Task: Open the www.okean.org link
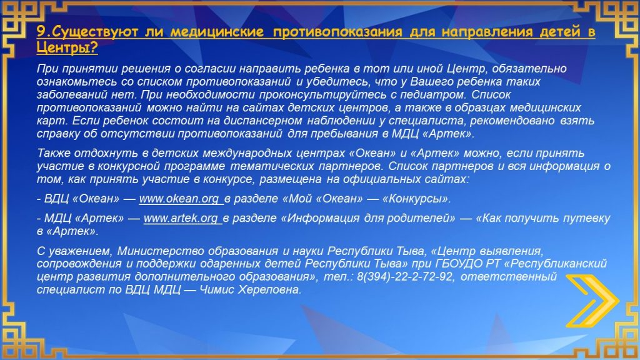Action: pyautogui.click(x=179, y=199)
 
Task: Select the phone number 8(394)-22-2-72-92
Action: pyautogui.click(x=404, y=277)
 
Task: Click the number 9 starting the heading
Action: pyautogui.click(x=41, y=31)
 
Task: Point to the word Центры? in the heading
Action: pyautogui.click(x=67, y=47)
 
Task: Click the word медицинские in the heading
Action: pyautogui.click(x=217, y=31)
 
